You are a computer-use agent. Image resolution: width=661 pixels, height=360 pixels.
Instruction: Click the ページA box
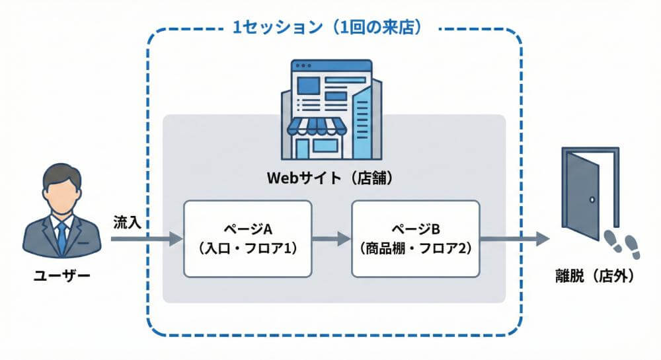[x=247, y=238]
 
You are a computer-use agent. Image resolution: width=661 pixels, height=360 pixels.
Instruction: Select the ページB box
[x=415, y=238]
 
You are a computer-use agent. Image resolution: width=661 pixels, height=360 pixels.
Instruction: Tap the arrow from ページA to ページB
[x=331, y=238]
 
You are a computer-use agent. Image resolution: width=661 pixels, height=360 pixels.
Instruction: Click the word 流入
[x=126, y=221]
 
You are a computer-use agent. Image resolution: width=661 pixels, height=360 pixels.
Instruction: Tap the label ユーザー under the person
[x=61, y=274]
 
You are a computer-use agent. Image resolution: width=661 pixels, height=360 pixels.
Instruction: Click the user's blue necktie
[x=61, y=234]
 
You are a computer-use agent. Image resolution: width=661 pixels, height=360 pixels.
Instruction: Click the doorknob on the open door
[x=593, y=199]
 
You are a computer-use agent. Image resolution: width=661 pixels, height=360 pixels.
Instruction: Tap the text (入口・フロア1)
[x=247, y=250]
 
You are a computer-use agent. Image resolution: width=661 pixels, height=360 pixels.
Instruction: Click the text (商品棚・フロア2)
[x=415, y=250]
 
